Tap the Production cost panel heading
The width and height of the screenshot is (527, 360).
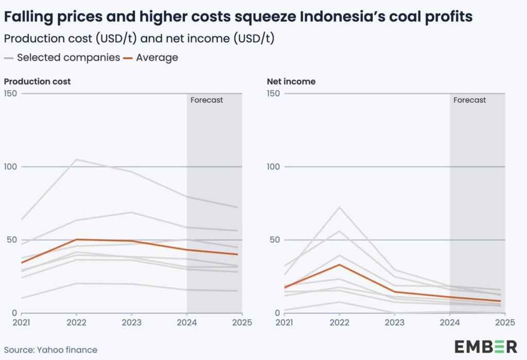point(37,81)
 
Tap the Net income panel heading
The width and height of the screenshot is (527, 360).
point(291,81)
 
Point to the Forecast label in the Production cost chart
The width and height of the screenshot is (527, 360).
point(207,100)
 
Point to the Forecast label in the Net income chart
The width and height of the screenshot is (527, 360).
point(469,100)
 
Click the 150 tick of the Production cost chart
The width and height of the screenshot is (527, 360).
point(10,93)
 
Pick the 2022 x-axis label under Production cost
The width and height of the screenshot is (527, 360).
point(76,322)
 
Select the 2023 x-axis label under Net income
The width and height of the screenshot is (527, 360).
point(394,322)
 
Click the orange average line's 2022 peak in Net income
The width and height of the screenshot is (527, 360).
point(339,264)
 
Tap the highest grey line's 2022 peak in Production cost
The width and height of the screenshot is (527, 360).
point(76,159)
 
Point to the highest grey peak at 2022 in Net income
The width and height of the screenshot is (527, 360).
point(339,207)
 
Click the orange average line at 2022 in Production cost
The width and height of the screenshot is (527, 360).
point(76,239)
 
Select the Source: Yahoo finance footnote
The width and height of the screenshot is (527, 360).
point(50,350)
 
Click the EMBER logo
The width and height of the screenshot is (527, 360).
point(485,346)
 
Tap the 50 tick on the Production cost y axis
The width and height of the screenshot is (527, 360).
point(12,240)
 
